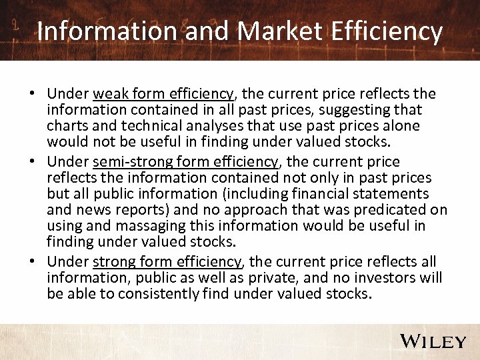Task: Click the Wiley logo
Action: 433,341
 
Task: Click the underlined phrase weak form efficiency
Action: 163,93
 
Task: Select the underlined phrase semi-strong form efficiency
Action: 185,162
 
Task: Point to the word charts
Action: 65,125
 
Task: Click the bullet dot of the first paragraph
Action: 33,94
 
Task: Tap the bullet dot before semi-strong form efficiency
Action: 33,163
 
